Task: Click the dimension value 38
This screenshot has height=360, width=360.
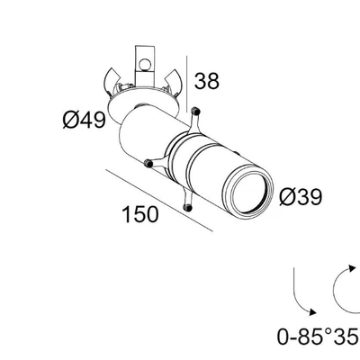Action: pos(207,81)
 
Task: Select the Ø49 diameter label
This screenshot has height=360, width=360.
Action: pos(85,120)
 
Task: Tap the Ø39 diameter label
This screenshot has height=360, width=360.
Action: pos(301,197)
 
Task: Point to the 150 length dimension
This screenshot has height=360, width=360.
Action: pos(140,214)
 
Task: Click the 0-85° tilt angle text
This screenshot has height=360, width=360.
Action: pos(303,337)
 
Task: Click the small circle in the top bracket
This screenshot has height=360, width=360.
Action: pos(145,64)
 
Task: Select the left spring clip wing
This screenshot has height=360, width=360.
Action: pos(110,80)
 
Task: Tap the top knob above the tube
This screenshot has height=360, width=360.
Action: pos(195,112)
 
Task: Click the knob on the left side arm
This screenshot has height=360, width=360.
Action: pos(148,163)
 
